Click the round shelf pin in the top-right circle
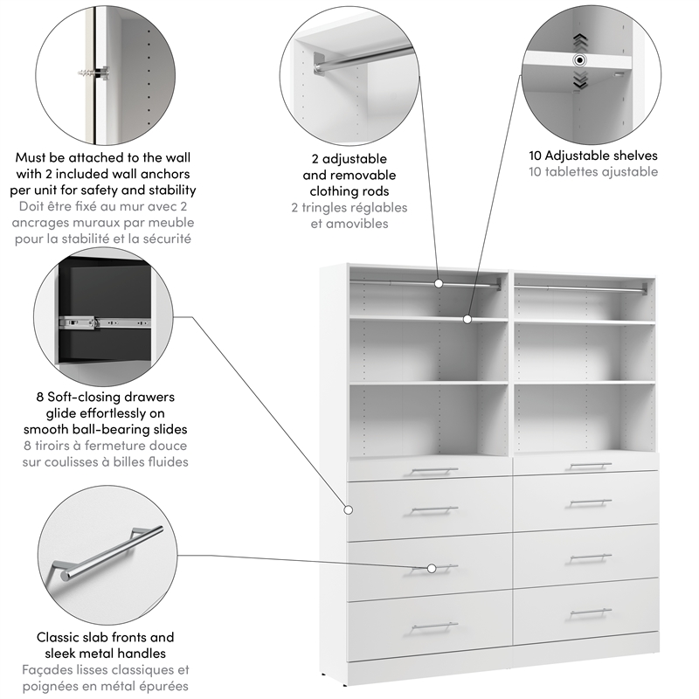click(x=578, y=60)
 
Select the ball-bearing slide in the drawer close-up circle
click(x=105, y=321)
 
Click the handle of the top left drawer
click(x=434, y=471)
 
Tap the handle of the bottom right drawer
click(x=591, y=612)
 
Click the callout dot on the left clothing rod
click(x=439, y=283)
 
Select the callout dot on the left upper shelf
click(x=467, y=320)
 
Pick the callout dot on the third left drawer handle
click(x=431, y=568)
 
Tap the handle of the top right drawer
click(x=591, y=466)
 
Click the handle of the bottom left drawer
click(x=434, y=626)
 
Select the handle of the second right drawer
click(x=591, y=502)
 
